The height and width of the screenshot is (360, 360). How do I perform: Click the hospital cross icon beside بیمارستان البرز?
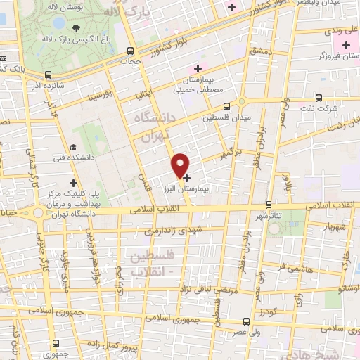186,179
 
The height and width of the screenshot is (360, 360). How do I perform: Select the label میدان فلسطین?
226,117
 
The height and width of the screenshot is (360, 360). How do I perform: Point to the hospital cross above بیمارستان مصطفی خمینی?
198,68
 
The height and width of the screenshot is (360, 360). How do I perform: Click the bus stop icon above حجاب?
129,51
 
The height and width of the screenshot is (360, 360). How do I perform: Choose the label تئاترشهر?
267,218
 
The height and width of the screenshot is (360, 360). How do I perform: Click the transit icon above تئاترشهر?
267,205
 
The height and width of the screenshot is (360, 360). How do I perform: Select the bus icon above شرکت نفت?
319,98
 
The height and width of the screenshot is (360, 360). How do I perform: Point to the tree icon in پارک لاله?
75,29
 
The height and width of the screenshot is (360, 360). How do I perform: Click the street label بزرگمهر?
230,153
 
